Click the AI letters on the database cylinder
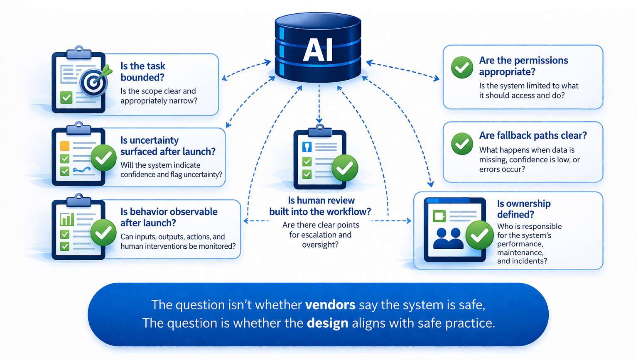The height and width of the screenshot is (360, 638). click(318, 50)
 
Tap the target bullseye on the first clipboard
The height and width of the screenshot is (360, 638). click(93, 82)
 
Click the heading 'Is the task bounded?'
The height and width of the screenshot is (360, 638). click(143, 72)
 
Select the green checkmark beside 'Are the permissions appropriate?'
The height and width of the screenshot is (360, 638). click(462, 67)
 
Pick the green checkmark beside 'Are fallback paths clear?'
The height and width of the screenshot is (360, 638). click(462, 144)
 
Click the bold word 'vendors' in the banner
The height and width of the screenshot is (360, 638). click(330, 305)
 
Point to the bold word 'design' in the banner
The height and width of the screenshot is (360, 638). click(327, 323)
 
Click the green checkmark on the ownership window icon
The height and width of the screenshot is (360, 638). click(479, 235)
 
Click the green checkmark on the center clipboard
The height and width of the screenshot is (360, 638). click(345, 168)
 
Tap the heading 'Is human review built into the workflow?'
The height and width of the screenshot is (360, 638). click(320, 206)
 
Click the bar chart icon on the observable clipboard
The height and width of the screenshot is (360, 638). click(67, 219)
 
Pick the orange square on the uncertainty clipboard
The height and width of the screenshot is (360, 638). click(65, 146)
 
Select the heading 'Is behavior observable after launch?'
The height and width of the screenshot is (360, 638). click(169, 217)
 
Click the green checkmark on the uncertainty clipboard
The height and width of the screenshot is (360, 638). click(103, 158)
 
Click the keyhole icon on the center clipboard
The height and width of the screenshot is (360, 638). click(307, 147)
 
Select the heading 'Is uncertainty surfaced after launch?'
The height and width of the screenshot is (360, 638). click(168, 146)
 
